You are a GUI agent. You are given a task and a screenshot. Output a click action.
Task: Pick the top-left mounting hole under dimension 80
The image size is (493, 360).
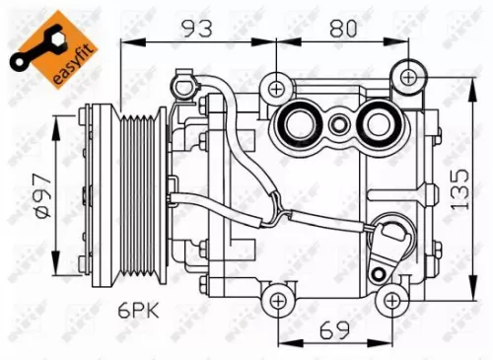click(x=277, y=88)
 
